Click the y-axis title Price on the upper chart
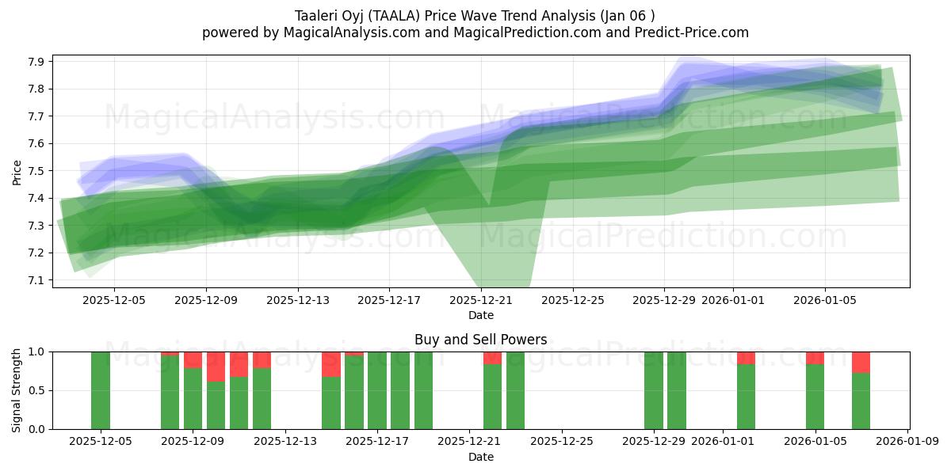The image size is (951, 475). [x=17, y=171]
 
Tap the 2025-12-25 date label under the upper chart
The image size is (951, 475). [x=573, y=300]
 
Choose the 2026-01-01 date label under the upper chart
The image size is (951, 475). [x=733, y=300]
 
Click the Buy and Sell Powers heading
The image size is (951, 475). [x=480, y=340]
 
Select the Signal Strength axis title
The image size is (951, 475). [x=17, y=390]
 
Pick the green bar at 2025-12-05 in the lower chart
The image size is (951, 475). [x=101, y=390]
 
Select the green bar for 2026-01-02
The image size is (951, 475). [x=746, y=397]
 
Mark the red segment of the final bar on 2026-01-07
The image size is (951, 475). [x=861, y=362]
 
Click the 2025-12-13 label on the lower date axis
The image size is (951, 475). [x=285, y=441]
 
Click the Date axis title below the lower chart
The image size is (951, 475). [x=480, y=457]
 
